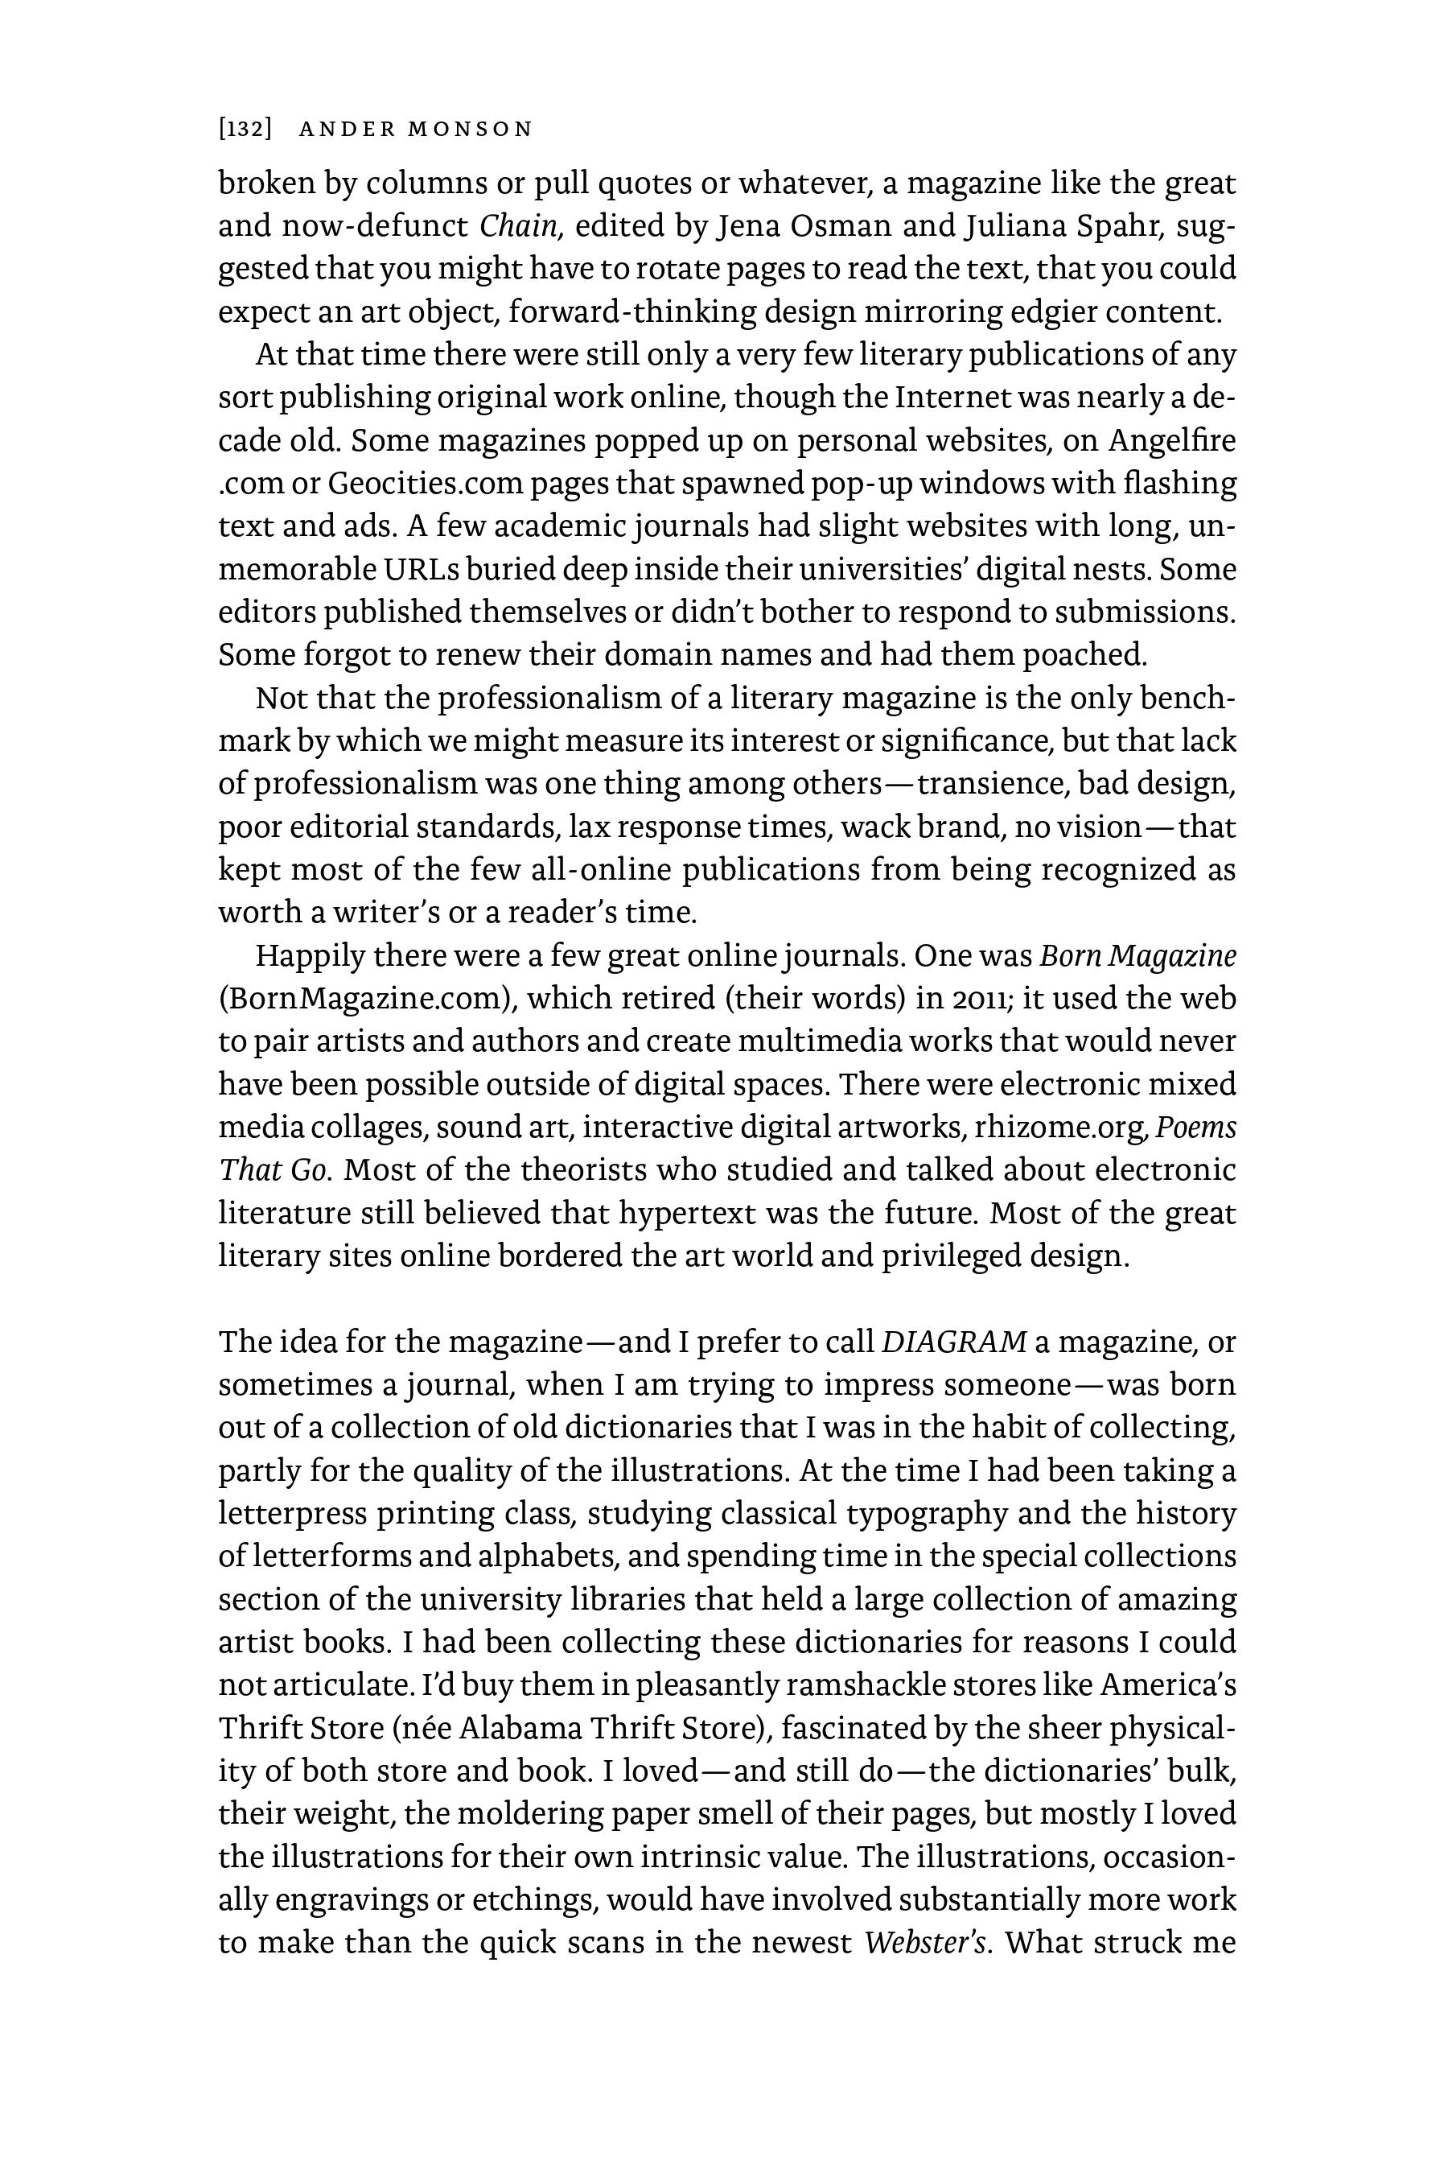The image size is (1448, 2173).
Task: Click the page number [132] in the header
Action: point(245,130)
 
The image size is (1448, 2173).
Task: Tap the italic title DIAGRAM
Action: point(954,1342)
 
